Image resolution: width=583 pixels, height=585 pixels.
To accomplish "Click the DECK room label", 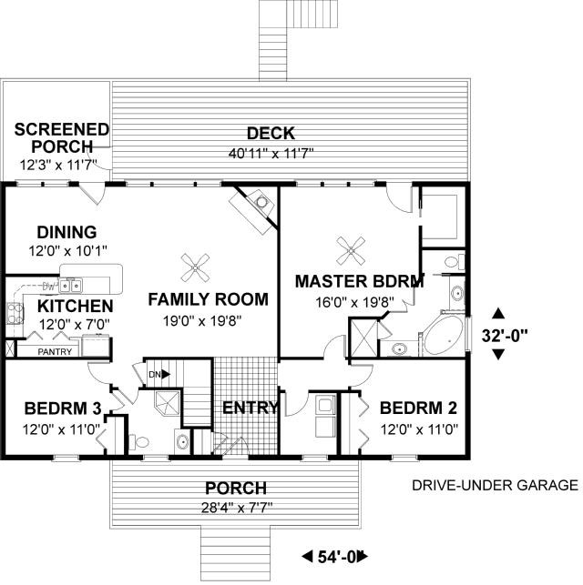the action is tap(271, 134).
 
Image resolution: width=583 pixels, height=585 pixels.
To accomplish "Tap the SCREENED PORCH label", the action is tap(62, 138).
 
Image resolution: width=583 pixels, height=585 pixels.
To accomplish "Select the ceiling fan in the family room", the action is tap(195, 267).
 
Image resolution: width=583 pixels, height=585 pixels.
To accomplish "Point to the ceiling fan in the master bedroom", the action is tap(351, 250).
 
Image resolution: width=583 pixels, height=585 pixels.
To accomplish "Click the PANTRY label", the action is tap(55, 351).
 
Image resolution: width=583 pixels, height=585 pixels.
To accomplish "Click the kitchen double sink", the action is tap(70, 286).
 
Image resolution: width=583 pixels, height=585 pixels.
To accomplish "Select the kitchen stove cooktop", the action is tap(15, 313).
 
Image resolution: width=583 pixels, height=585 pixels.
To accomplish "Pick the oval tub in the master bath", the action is tap(445, 336).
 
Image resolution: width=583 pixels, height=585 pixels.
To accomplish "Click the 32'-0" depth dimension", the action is tap(504, 336).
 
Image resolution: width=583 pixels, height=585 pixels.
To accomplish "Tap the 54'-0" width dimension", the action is tap(335, 557).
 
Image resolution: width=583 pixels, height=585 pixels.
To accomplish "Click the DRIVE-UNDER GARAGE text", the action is tap(495, 485).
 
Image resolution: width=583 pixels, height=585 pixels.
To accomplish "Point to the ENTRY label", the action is tap(251, 408).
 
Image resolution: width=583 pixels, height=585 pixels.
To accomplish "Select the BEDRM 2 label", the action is tap(418, 408).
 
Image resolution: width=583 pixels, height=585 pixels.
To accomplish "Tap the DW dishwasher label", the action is tap(48, 287).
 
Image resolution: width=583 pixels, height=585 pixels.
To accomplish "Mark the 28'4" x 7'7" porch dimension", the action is tap(237, 508).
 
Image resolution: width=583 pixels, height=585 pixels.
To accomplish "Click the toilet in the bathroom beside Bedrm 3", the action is tap(139, 442).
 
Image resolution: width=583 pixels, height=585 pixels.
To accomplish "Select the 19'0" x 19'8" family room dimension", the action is tap(202, 320).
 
